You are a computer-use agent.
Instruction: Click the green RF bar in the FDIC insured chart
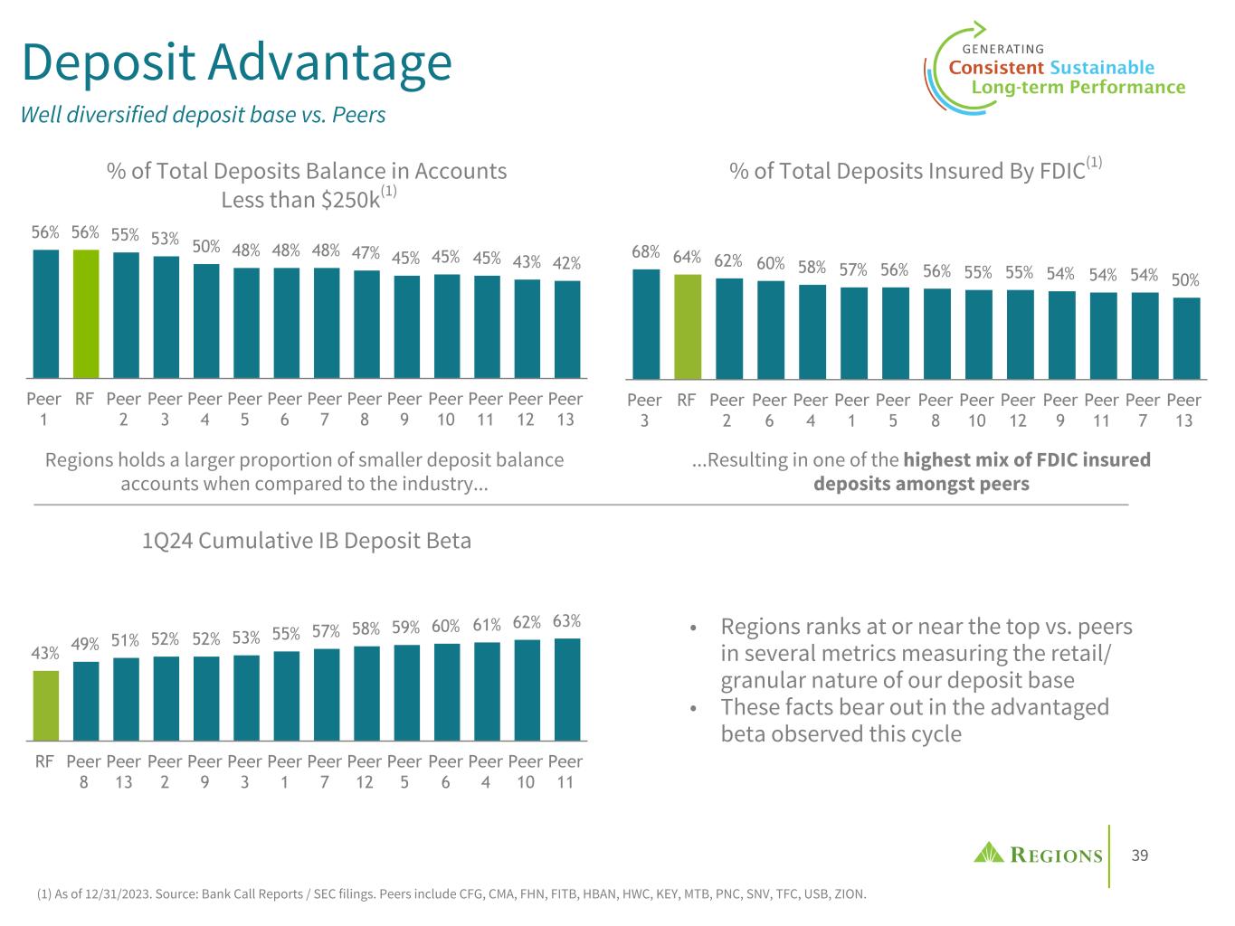pyautogui.click(x=687, y=326)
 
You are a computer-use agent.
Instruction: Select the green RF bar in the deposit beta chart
pyautogui.click(x=45, y=705)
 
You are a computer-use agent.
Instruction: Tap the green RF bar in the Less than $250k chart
pyautogui.click(x=85, y=314)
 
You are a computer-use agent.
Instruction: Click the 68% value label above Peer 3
pyautogui.click(x=645, y=252)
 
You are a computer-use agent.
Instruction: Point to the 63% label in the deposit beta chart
pyautogui.click(x=566, y=621)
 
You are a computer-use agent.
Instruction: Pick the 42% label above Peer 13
pyautogui.click(x=566, y=263)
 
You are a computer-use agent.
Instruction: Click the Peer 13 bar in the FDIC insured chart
pyautogui.click(x=1186, y=337)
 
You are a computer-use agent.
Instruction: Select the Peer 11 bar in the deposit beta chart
pyautogui.click(x=566, y=689)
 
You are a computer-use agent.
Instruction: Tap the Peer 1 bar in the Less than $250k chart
pyautogui.click(x=45, y=314)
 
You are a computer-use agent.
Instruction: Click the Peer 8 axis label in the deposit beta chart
pyautogui.click(x=84, y=771)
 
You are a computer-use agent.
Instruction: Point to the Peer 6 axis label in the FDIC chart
pyautogui.click(x=769, y=410)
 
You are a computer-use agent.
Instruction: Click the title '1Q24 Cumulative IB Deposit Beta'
pyautogui.click(x=307, y=541)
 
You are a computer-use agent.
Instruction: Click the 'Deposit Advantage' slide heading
pyautogui.click(x=236, y=62)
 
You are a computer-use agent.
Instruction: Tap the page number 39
pyautogui.click(x=1140, y=855)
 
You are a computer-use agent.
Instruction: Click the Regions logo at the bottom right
pyautogui.click(x=1038, y=854)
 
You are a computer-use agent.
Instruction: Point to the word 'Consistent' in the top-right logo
pyautogui.click(x=995, y=68)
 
